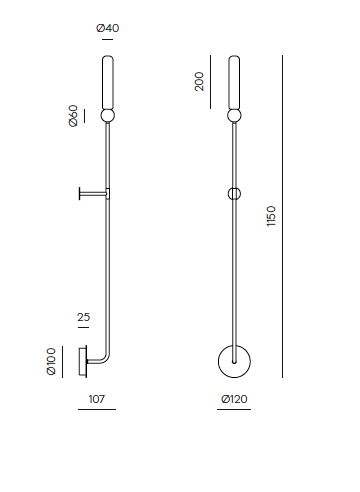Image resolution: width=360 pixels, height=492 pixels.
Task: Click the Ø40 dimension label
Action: coord(107,28)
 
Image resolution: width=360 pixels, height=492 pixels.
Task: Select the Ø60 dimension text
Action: coord(73,116)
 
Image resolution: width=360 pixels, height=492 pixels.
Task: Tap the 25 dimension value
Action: coord(84,317)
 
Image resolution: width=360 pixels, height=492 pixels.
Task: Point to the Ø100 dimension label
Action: coord(51,361)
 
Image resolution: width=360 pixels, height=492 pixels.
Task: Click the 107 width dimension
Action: coord(97,399)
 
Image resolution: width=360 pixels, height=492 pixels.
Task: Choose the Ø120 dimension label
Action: coord(234,399)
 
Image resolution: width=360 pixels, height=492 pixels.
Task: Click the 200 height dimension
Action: coord(199,81)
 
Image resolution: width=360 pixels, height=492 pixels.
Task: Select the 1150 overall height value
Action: coord(271,216)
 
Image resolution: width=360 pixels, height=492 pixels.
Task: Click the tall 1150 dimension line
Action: coord(282,216)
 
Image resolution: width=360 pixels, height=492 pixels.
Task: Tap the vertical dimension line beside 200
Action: coord(210,82)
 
